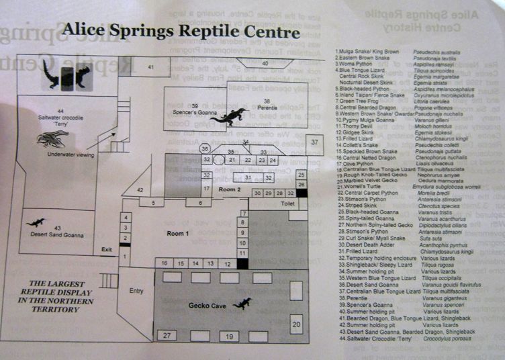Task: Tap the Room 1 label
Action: coord(177,232)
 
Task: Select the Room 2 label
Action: coord(230,189)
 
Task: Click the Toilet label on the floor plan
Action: coord(288,202)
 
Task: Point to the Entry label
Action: coord(136,290)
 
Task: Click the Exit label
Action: coord(106,249)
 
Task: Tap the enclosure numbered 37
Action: coord(314,142)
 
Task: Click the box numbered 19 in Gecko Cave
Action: coord(230,336)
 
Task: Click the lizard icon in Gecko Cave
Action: coord(242,304)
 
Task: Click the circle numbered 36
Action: coord(205,148)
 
